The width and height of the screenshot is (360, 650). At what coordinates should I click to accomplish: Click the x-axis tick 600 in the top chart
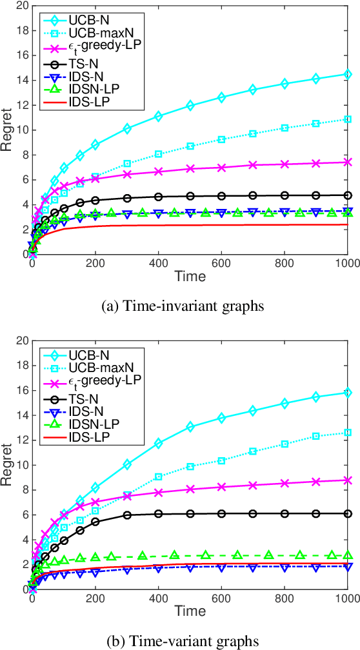[221, 264]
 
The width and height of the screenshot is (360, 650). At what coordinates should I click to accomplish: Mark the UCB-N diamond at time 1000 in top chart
[348, 74]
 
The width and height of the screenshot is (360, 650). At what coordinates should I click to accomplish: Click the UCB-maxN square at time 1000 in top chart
[348, 119]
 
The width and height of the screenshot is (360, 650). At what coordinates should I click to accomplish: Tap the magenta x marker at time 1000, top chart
[348, 162]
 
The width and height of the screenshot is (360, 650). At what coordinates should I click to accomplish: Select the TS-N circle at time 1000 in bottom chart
[348, 513]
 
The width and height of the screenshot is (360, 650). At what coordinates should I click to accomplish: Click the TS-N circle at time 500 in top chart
[190, 196]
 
